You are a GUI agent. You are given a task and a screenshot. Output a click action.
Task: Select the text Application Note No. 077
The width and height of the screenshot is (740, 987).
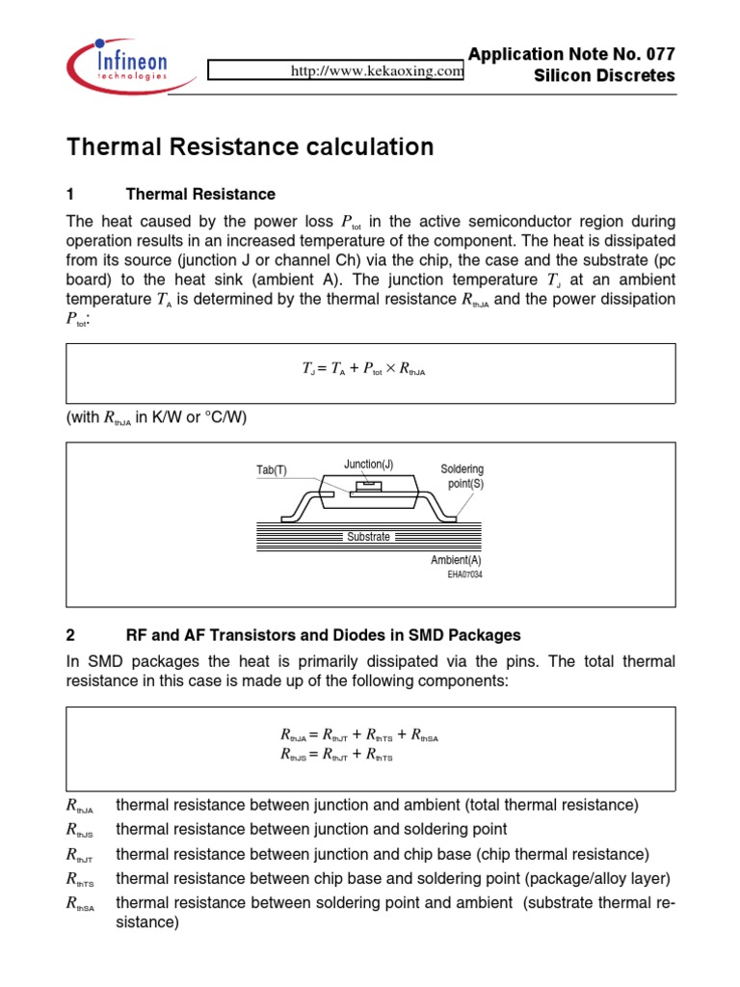click(x=571, y=54)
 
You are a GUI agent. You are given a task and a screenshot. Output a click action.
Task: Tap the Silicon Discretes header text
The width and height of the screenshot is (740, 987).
click(x=605, y=76)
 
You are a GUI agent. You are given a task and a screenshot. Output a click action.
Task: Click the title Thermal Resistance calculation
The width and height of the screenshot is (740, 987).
click(x=250, y=147)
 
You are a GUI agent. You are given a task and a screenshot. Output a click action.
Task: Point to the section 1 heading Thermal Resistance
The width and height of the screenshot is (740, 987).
click(x=200, y=195)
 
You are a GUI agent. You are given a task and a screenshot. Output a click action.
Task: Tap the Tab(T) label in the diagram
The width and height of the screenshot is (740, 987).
click(x=272, y=470)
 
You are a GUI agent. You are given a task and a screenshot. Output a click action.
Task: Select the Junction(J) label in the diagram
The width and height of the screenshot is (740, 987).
click(x=368, y=464)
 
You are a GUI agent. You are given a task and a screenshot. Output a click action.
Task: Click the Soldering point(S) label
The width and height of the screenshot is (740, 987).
click(x=462, y=476)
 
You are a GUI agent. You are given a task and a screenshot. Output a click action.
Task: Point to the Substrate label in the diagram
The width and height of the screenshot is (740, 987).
click(x=368, y=537)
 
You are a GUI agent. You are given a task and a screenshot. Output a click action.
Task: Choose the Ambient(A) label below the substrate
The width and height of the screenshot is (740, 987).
click(x=456, y=560)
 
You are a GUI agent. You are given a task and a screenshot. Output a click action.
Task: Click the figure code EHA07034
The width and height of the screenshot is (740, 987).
click(x=464, y=574)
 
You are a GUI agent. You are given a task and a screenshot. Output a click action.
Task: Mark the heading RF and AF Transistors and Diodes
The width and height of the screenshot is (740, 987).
click(x=324, y=635)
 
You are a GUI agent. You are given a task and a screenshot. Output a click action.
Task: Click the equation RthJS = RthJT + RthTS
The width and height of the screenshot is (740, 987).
click(x=335, y=757)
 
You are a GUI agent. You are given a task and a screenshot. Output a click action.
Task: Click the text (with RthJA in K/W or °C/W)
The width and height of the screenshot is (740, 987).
click(x=162, y=416)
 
